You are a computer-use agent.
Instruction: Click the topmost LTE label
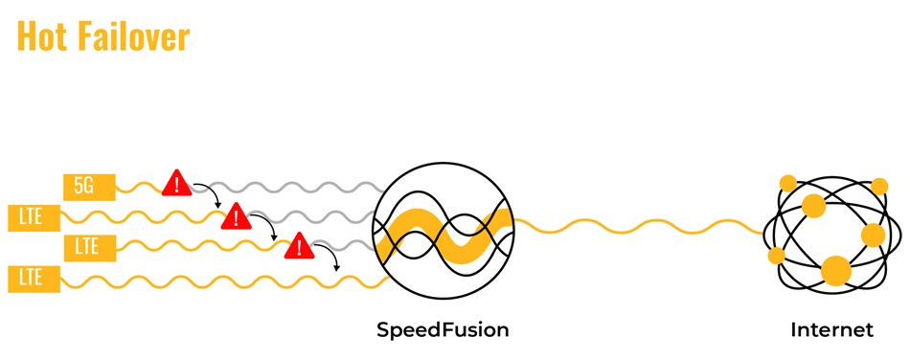click(x=31, y=216)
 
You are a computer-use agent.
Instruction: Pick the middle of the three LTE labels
click(x=90, y=247)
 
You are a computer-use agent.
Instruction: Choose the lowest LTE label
click(x=31, y=279)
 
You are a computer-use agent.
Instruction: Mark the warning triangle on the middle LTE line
click(x=301, y=247)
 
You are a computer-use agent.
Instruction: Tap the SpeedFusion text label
click(x=442, y=330)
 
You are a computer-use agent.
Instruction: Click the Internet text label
click(x=831, y=330)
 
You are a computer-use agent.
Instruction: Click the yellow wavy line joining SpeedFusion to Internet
click(x=637, y=227)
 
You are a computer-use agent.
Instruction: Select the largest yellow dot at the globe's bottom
click(x=836, y=271)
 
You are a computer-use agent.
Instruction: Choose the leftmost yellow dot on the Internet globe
click(x=776, y=256)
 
